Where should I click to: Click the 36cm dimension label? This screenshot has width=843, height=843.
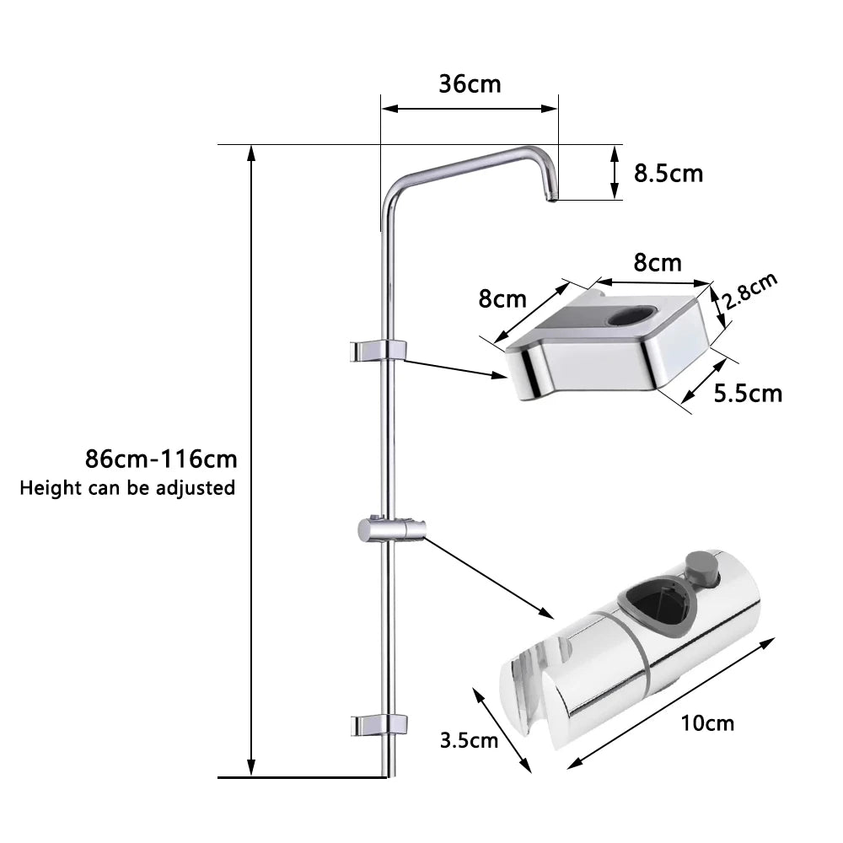click(470, 84)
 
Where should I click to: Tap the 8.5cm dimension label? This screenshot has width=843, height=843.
click(668, 174)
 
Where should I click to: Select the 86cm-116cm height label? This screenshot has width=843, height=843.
click(161, 459)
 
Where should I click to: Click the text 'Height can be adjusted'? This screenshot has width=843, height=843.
click(127, 487)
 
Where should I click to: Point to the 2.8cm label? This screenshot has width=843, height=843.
click(750, 293)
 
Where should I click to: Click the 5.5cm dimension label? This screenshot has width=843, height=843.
click(747, 393)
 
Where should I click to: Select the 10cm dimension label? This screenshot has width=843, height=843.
click(709, 722)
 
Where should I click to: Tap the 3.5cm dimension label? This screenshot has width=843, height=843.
click(470, 740)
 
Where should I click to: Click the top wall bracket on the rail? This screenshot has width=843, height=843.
click(379, 349)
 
